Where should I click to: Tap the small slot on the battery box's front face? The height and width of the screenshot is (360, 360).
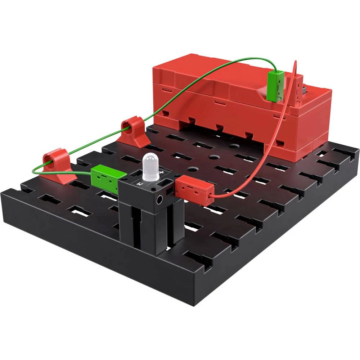coord(217,102)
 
